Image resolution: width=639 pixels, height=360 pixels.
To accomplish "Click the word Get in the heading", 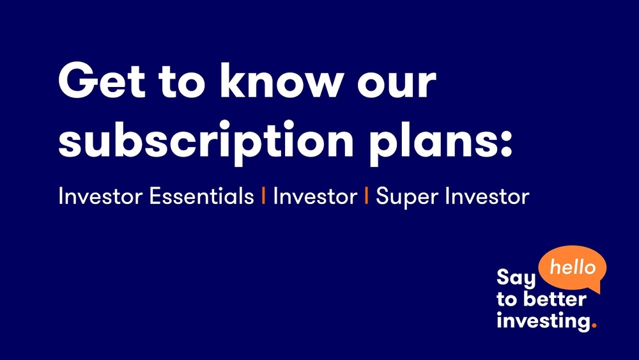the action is tap(102, 81).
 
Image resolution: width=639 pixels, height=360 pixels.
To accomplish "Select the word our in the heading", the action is tap(397, 84).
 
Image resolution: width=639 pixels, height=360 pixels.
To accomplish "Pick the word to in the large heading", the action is tap(181, 82).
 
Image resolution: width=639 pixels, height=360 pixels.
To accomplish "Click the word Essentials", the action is tap(202, 196).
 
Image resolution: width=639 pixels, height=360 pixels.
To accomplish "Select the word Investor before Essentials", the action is tap(100, 196).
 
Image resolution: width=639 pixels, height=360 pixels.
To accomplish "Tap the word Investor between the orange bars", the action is tap(315, 196).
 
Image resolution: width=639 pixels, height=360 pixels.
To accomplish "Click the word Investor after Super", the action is tap(488, 196).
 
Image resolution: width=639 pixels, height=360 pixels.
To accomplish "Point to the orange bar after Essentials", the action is tap(264, 196).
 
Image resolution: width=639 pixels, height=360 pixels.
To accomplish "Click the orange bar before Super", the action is tap(366, 196).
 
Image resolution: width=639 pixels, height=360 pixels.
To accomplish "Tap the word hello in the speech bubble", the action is tap(573, 267).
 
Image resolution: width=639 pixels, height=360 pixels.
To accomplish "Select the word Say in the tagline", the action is tap(516, 278).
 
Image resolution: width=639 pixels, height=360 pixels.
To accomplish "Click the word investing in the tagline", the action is tap(543, 321).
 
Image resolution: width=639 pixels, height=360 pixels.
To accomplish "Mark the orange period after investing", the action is tap(594, 325).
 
